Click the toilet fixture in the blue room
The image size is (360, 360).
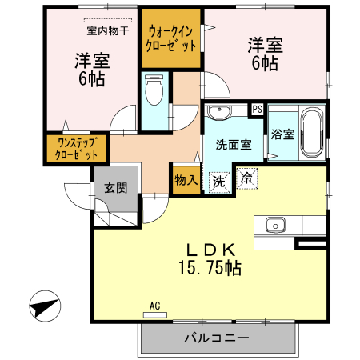click(x=156, y=87)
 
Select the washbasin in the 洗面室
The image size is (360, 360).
click(x=218, y=111)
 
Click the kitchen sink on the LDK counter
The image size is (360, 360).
click(x=274, y=224)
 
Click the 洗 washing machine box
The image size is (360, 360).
click(x=218, y=181)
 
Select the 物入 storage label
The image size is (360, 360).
click(x=186, y=180)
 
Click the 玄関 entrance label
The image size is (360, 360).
click(x=115, y=189)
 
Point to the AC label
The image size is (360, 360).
click(x=155, y=306)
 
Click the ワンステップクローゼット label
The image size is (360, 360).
click(x=77, y=149)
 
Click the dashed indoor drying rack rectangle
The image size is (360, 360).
click(x=107, y=20)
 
